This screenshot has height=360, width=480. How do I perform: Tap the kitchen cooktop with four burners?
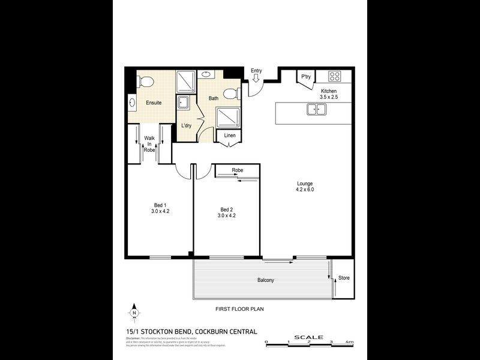click(334, 76)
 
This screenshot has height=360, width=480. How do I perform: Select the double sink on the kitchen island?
click(316, 109)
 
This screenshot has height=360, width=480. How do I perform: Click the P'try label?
click(306, 76)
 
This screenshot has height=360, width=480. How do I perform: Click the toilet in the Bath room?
click(231, 94)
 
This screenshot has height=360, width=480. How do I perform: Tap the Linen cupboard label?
click(229, 136)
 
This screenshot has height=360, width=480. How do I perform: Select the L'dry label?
click(187, 125)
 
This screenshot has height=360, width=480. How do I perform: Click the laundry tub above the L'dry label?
click(184, 103)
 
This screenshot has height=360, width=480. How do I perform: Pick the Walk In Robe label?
click(149, 143)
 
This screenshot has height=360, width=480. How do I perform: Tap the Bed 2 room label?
click(226, 209)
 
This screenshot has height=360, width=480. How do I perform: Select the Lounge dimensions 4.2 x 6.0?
click(305, 190)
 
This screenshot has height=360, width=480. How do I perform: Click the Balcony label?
click(266, 280)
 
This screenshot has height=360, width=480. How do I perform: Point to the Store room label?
click(343, 278)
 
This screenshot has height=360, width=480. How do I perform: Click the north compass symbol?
click(134, 313)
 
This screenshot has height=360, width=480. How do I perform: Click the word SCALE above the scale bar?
click(308, 337)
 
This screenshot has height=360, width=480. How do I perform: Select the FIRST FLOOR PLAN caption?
click(240, 309)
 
